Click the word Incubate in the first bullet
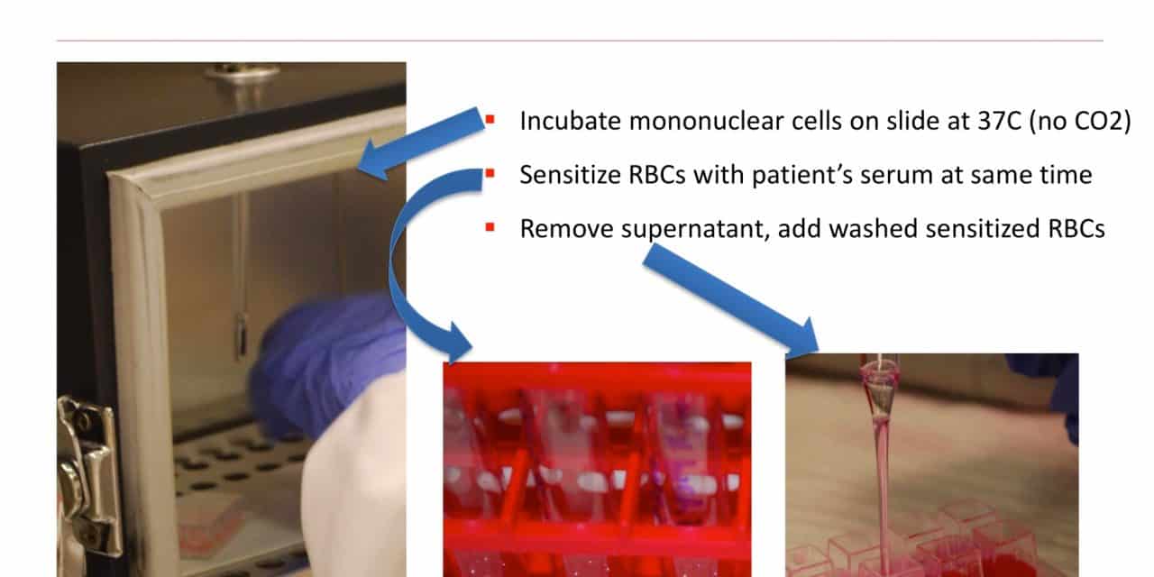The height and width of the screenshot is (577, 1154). click(x=571, y=121)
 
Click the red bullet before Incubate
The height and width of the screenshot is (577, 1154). click(x=490, y=120)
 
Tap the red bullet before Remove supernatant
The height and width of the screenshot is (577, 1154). click(x=490, y=227)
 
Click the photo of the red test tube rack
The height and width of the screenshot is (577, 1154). click(x=597, y=470)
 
